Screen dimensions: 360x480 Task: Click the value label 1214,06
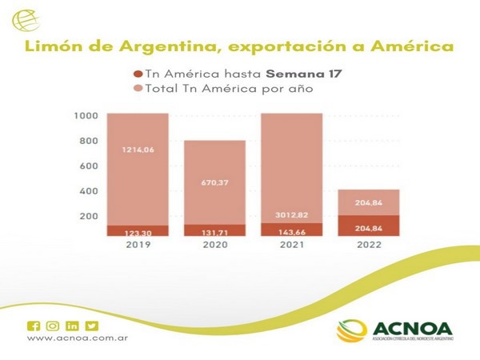coord(138,150)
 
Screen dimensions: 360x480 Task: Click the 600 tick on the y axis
coord(86,166)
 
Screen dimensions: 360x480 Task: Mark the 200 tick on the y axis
coord(86,217)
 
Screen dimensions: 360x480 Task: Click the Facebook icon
coord(33,326)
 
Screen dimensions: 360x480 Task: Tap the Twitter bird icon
coord(92,326)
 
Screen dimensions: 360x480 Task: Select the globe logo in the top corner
coord(34,19)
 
